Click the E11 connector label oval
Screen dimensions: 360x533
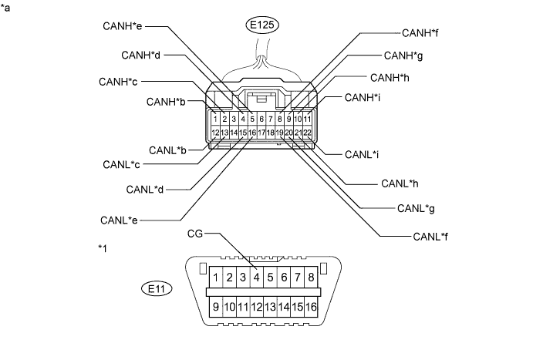click(x=158, y=289)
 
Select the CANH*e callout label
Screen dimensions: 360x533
click(x=123, y=26)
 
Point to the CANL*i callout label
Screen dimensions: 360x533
click(x=361, y=154)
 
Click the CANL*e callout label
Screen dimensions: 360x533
click(x=120, y=220)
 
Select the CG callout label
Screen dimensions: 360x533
click(x=196, y=232)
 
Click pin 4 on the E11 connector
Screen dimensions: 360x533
click(x=256, y=277)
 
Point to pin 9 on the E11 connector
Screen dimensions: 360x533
click(x=218, y=307)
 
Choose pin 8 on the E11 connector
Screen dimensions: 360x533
click(x=310, y=277)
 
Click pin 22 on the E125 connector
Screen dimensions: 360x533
click(x=307, y=133)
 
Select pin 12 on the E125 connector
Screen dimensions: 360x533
click(x=215, y=133)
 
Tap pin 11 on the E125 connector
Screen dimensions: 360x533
click(x=307, y=119)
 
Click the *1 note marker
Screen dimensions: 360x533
click(x=103, y=248)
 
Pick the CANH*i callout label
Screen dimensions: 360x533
click(x=363, y=97)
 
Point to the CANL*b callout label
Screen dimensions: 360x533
click(x=167, y=149)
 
